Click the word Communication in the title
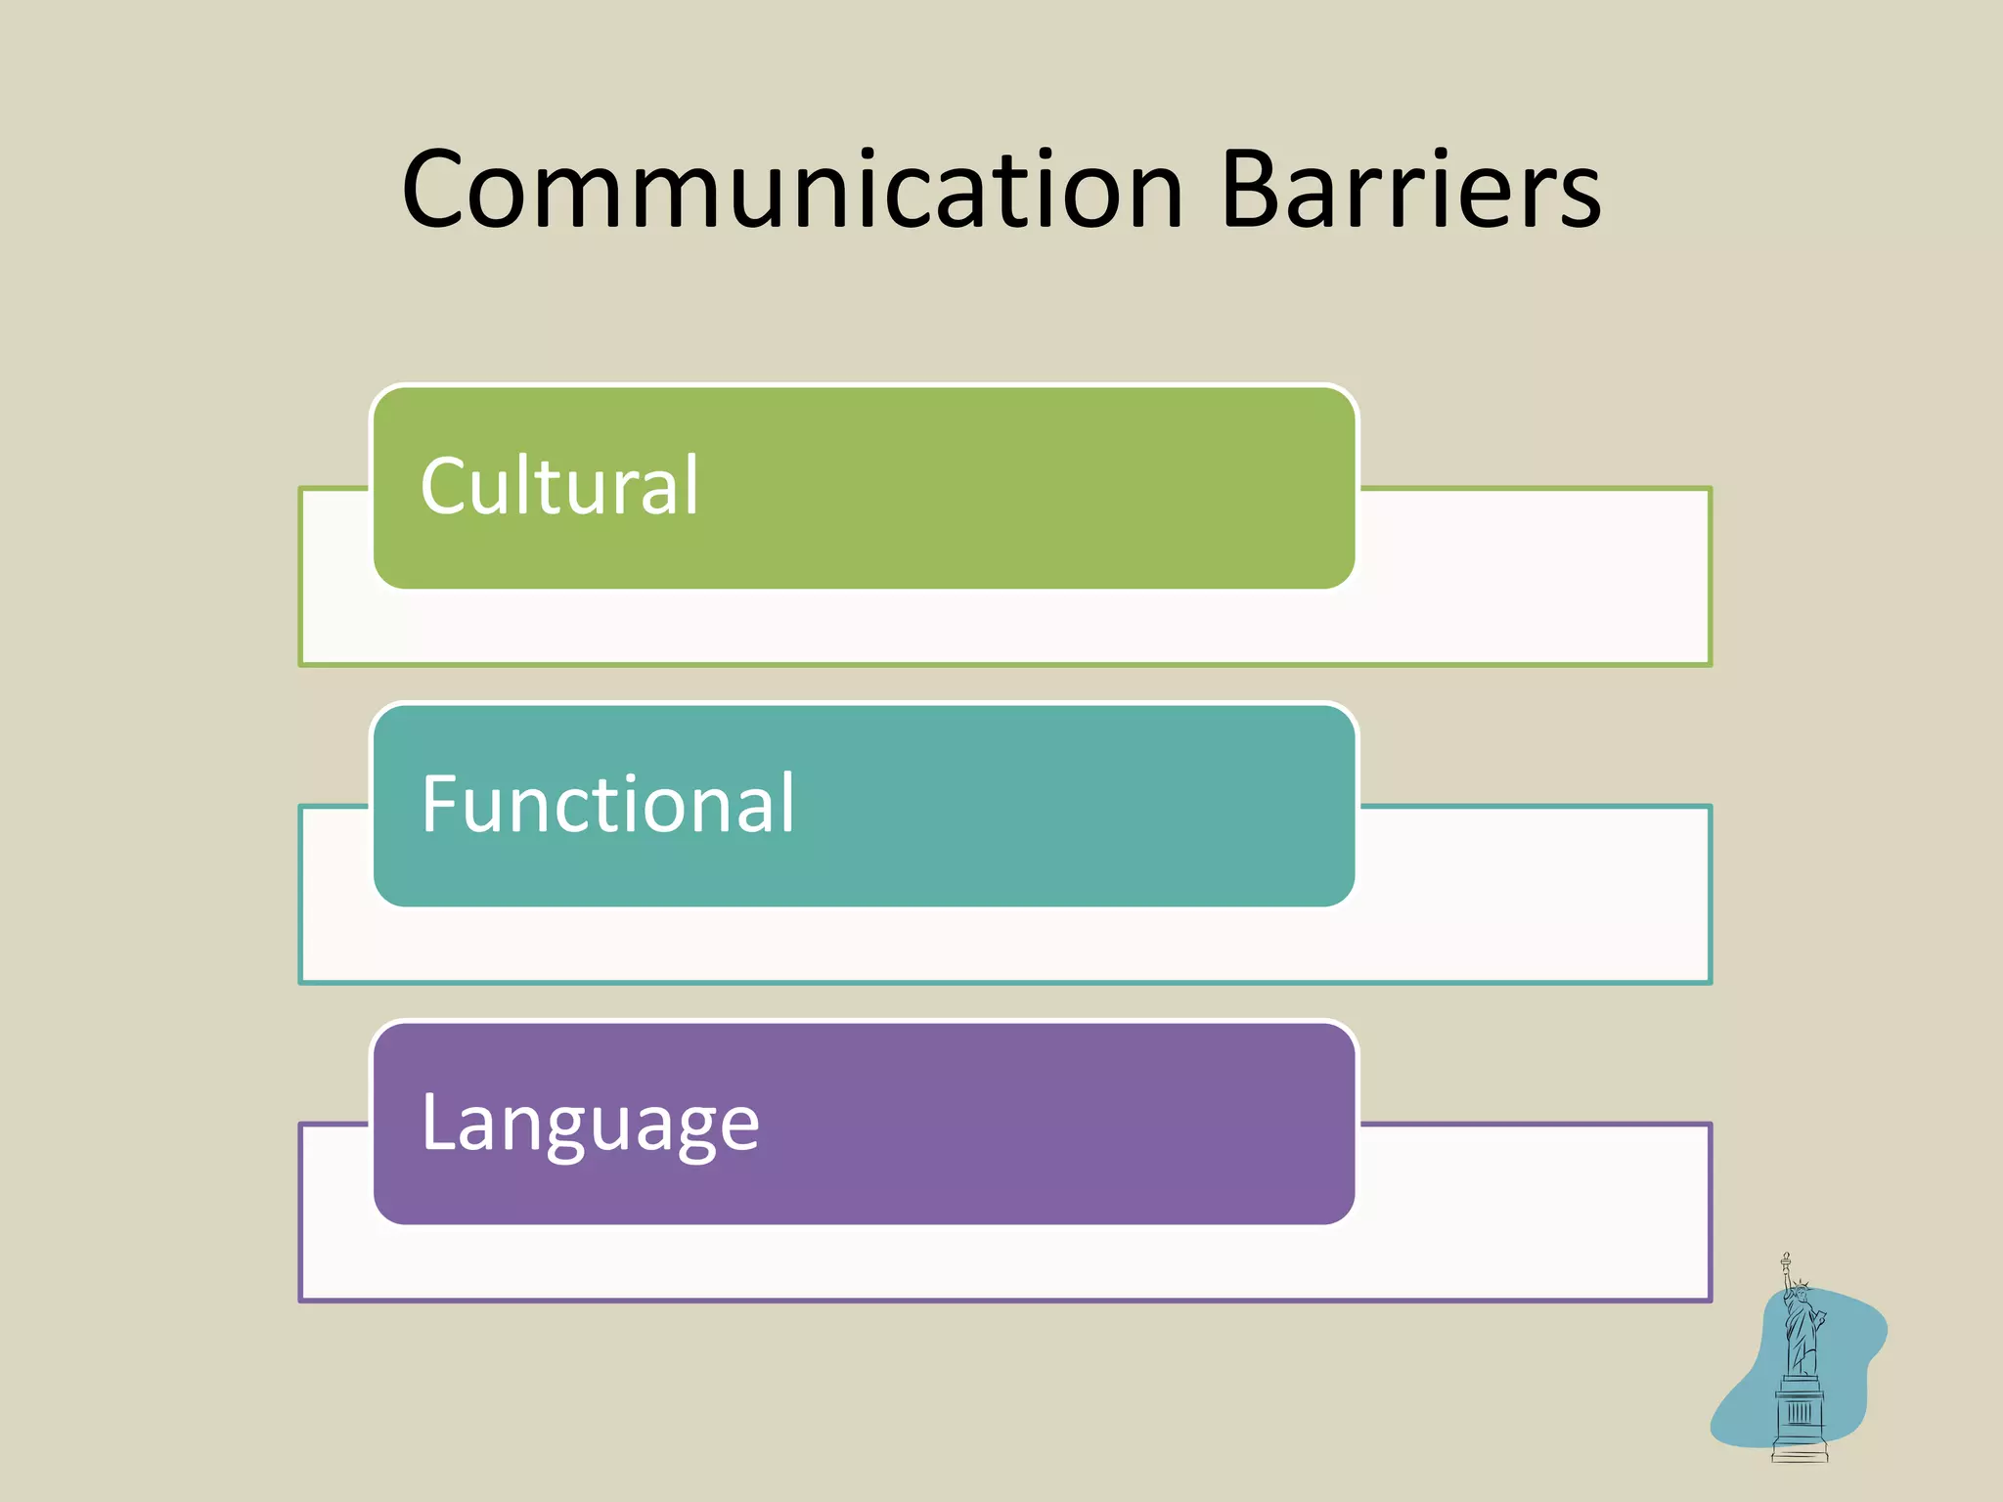(792, 191)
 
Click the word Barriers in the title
(1410, 191)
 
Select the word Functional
(607, 804)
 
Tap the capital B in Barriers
(1255, 191)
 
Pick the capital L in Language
(437, 1122)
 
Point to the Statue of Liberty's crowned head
(1799, 1293)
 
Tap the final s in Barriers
(1578, 200)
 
